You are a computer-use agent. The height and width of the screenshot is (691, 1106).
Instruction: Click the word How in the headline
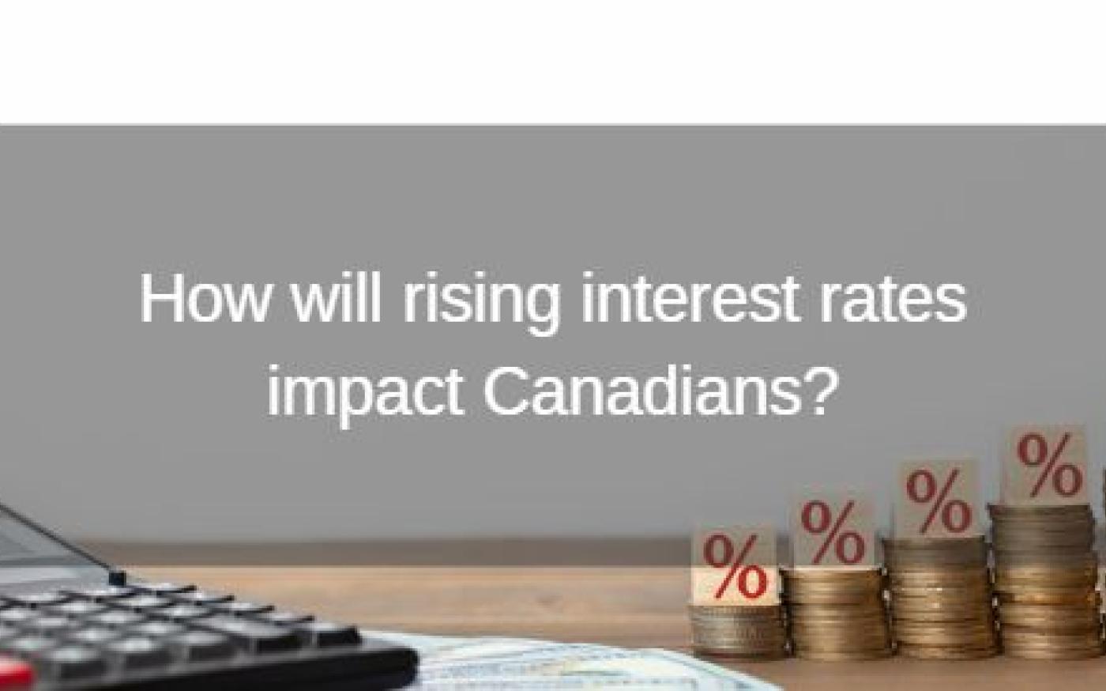click(x=205, y=298)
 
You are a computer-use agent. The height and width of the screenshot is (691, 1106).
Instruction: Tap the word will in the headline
click(x=337, y=297)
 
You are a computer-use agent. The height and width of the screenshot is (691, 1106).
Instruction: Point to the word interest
click(x=690, y=298)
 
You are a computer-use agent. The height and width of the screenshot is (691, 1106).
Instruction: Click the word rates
click(x=893, y=300)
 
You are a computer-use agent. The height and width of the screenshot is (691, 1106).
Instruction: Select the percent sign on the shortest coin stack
click(x=735, y=567)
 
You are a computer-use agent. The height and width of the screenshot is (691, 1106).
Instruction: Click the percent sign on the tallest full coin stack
click(x=1049, y=465)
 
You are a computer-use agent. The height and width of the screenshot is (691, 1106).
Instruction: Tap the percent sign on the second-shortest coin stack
click(x=833, y=533)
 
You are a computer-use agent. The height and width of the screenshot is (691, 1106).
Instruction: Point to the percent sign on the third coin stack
click(x=939, y=502)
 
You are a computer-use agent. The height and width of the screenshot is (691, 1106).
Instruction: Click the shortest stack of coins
click(x=738, y=631)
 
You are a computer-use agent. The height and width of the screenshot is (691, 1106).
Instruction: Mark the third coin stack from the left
click(x=939, y=597)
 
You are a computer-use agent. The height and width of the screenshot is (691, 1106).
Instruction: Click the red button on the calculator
click(x=16, y=674)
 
